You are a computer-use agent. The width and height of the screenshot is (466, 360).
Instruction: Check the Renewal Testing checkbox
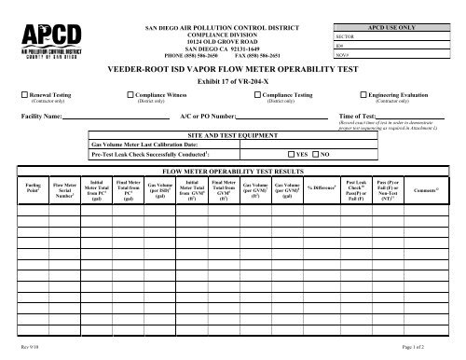[25, 94]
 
